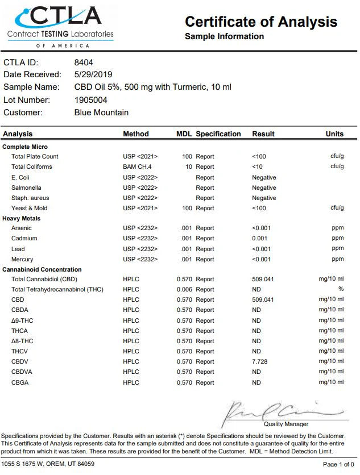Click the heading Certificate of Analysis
pyautogui.click(x=261, y=22)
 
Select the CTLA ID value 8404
pyautogui.click(x=84, y=62)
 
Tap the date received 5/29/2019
pyautogui.click(x=93, y=74)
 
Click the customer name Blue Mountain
pyautogui.click(x=101, y=113)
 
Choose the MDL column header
pyautogui.click(x=184, y=134)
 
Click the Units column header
pyautogui.click(x=334, y=134)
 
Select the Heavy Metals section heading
pyautogui.click(x=22, y=218)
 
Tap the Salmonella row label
pyautogui.click(x=26, y=188)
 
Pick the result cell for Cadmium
pyautogui.click(x=260, y=239)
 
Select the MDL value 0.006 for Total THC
pyautogui.click(x=184, y=290)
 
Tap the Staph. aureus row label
pyautogui.click(x=30, y=198)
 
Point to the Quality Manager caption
pyautogui.click(x=286, y=424)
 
